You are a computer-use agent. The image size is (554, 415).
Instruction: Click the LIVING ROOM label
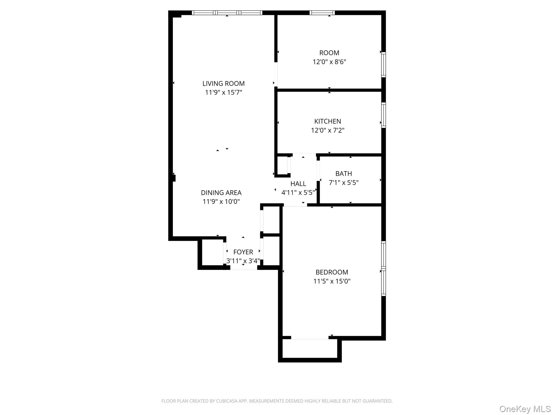[x=223, y=83]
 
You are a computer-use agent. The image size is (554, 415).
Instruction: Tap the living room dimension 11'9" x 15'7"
[x=223, y=92]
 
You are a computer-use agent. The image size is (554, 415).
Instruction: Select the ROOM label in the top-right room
[x=329, y=53]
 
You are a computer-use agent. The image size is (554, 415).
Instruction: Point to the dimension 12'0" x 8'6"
[x=329, y=62]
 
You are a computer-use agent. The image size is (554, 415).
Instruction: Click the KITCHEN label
[x=328, y=121]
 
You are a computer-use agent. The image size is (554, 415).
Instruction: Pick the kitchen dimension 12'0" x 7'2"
[x=328, y=130]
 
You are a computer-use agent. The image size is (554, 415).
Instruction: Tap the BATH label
[x=344, y=173]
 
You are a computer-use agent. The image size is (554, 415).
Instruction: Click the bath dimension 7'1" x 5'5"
[x=344, y=183]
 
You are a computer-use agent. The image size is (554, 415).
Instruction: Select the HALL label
[x=298, y=184]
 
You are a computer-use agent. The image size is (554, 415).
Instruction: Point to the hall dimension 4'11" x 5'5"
[x=298, y=193]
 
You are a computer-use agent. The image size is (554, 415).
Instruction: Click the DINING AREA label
[x=221, y=193]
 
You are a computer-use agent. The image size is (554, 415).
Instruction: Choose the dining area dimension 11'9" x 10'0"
[x=221, y=202]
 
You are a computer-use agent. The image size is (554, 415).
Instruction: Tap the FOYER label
[x=243, y=252]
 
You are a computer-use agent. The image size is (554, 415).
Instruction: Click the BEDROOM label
[x=332, y=272]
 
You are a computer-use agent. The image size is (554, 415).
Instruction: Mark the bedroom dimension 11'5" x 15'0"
[x=332, y=281]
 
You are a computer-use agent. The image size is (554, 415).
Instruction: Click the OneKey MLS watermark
[x=525, y=409]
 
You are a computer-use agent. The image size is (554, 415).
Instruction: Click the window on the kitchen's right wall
[x=383, y=115]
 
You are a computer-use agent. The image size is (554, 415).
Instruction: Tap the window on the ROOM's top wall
[x=322, y=13]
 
